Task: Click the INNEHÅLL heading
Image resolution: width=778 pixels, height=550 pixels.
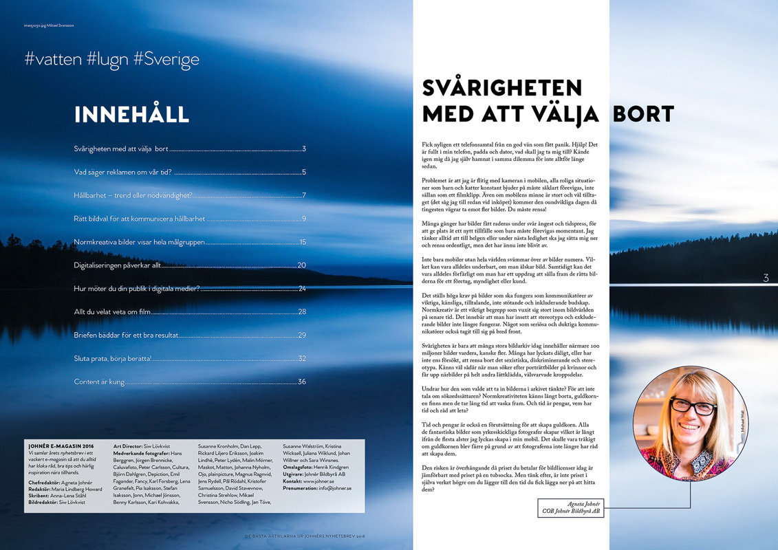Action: [x=131, y=114]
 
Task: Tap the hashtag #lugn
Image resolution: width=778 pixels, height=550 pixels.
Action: [x=108, y=59]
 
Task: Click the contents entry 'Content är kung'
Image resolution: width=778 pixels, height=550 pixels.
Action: [x=99, y=382]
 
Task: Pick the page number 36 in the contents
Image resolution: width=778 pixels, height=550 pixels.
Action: [x=302, y=382]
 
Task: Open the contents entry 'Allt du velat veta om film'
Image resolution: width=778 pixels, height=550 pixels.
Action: [x=112, y=312]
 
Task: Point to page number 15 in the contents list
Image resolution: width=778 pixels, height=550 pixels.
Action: [x=303, y=242]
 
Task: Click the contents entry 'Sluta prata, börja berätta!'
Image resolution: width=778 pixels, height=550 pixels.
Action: [x=112, y=358]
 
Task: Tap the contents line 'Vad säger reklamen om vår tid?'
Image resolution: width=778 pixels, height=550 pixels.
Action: [x=122, y=173]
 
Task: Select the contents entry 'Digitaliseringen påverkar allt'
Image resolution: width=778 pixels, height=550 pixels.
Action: [x=117, y=265]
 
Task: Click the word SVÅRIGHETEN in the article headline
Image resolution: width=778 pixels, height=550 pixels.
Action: [x=502, y=88]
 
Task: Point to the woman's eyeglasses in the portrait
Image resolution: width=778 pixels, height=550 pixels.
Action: [x=693, y=406]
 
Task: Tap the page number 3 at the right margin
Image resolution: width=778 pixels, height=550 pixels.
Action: [x=766, y=278]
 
